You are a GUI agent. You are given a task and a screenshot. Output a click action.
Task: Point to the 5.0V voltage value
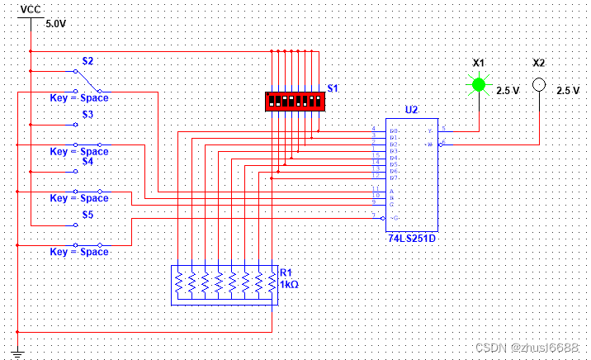coord(55,24)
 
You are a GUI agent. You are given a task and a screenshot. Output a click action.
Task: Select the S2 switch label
coord(87,61)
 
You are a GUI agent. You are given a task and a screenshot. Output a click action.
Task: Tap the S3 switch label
coord(87,115)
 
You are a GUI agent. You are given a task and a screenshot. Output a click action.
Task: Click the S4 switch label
coord(87,162)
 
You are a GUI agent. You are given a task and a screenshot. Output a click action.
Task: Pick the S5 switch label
coord(87,215)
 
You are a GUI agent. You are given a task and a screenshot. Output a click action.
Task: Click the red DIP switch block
coord(293,101)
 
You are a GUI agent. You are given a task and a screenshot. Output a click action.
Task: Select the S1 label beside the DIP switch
coord(333,88)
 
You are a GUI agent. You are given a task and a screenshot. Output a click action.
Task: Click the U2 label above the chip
coord(411,109)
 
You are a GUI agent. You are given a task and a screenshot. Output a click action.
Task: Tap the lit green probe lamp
coord(478,83)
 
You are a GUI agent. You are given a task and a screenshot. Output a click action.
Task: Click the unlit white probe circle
coord(539,84)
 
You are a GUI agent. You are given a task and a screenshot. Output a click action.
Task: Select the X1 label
coord(479,63)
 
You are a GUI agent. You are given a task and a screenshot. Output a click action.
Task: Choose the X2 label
coord(539,63)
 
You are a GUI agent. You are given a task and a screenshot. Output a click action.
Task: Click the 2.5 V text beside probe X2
coord(568,91)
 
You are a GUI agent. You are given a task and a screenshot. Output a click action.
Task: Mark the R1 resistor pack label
coord(286,272)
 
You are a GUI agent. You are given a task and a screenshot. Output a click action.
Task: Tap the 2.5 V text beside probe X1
coord(508,91)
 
